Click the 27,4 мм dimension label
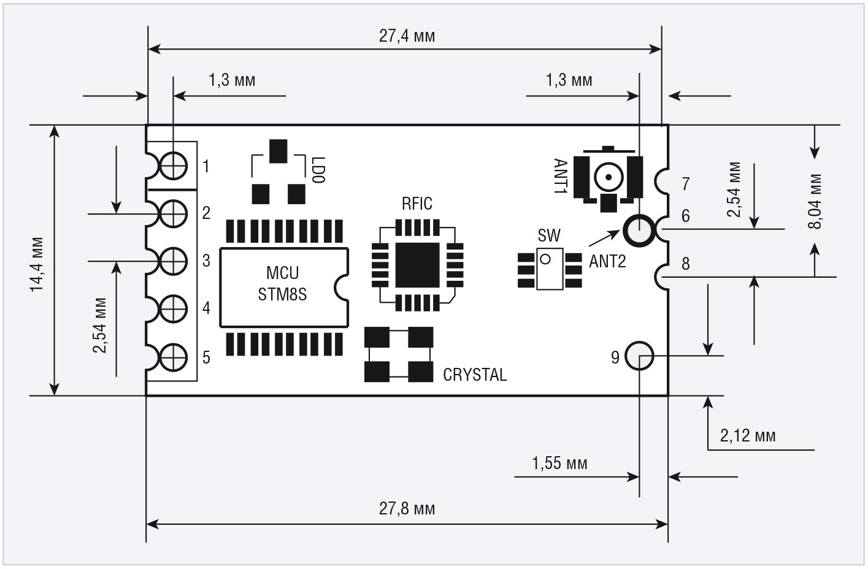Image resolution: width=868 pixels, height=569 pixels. (407, 36)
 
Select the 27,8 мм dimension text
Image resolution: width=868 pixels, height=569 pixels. (407, 508)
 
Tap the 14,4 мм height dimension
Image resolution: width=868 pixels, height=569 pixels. (37, 264)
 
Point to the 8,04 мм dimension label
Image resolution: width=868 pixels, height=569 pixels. (815, 201)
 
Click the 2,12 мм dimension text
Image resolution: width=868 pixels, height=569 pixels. (748, 436)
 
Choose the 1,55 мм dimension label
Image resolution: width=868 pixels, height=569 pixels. (559, 464)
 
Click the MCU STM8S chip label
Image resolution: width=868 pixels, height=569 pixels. (283, 284)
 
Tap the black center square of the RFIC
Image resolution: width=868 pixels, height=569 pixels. (417, 265)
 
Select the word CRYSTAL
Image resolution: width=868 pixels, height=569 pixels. (475, 375)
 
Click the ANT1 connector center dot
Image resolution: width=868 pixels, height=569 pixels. (609, 177)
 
